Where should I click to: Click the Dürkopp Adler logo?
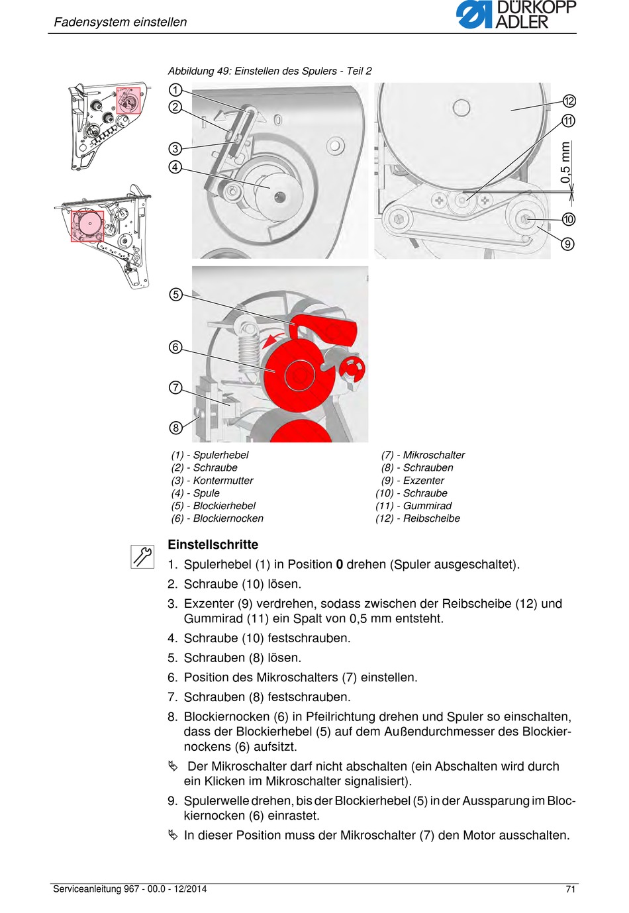516,15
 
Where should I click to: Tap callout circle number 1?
175,90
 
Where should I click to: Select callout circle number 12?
569,101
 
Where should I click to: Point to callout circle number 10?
569,219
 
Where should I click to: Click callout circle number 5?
175,295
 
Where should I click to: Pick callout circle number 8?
175,428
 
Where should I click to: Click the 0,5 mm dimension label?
565,162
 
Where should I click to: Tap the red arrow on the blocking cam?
269,342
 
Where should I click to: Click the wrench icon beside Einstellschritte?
142,556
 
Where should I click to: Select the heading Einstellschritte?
213,545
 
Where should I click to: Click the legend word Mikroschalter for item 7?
434,455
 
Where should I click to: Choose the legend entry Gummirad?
427,506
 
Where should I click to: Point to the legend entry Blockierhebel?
224,506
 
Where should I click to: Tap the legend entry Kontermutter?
223,481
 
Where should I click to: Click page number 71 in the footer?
570,889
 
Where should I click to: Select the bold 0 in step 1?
340,565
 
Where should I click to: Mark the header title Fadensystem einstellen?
121,22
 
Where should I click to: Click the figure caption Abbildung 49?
269,71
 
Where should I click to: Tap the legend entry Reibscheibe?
431,518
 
